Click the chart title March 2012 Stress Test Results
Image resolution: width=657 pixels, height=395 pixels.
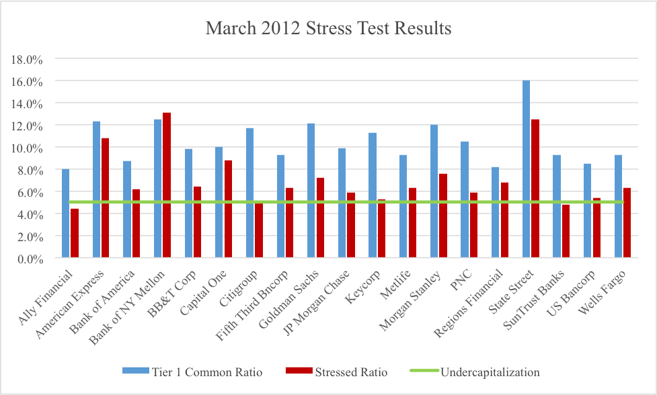click(328, 29)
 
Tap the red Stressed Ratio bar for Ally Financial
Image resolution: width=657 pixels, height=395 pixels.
click(75, 233)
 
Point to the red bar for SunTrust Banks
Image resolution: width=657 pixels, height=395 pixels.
click(566, 231)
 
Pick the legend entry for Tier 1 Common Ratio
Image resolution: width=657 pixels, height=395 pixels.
click(192, 371)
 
